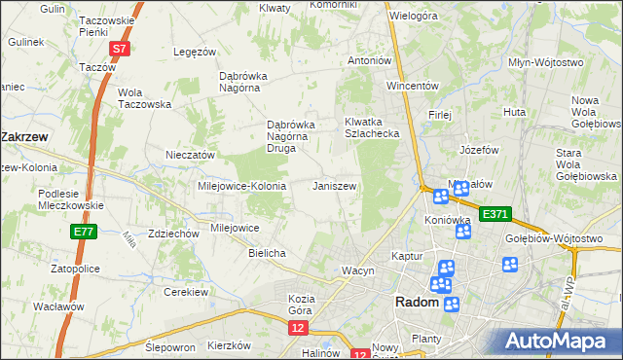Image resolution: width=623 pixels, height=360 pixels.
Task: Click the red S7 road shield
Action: click(x=119, y=48)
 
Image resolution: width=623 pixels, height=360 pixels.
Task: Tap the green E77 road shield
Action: click(x=83, y=232)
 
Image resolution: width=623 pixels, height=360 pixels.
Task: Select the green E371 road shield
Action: click(x=495, y=213)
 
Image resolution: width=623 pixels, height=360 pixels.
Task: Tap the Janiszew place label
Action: click(x=335, y=186)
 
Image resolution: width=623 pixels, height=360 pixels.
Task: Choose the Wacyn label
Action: click(x=357, y=270)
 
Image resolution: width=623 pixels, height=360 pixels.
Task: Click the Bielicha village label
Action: click(x=267, y=253)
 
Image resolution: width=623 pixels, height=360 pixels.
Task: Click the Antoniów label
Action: click(x=370, y=60)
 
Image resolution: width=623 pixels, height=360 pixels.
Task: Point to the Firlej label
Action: click(x=439, y=114)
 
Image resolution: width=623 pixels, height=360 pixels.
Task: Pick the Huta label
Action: click(x=514, y=113)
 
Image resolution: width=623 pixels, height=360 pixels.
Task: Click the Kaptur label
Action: click(x=406, y=255)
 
